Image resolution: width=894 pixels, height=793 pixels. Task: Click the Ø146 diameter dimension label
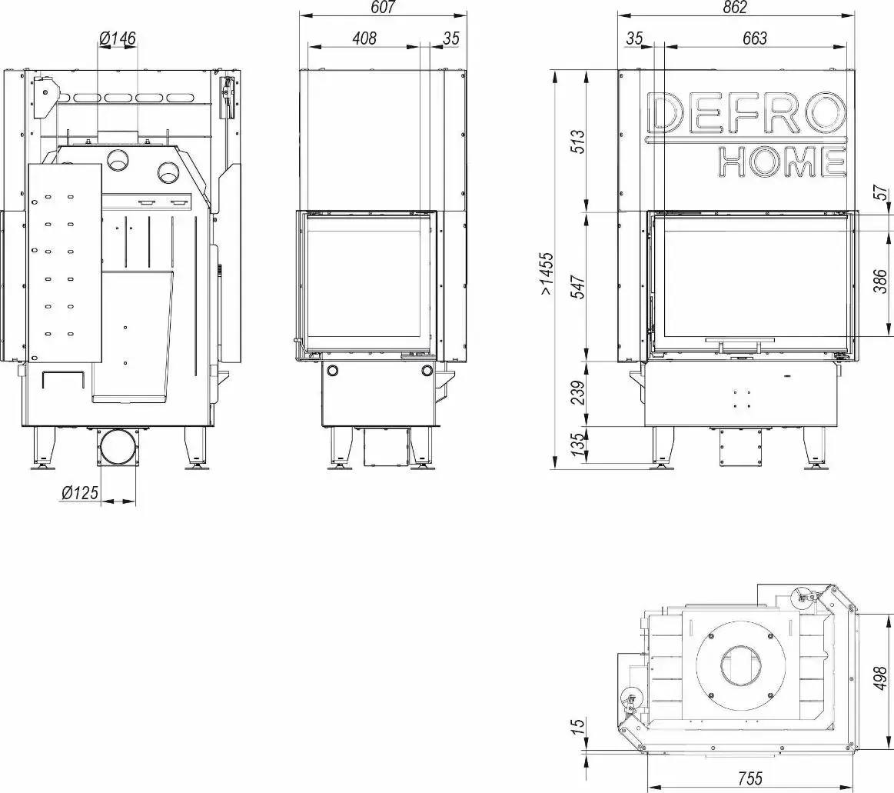click(x=118, y=38)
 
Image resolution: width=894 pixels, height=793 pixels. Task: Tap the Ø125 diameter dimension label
click(x=80, y=491)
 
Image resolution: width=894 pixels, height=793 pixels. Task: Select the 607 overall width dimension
click(x=383, y=8)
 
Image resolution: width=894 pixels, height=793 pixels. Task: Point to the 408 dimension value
click(x=364, y=38)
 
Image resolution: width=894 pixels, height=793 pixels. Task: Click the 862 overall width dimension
click(x=735, y=8)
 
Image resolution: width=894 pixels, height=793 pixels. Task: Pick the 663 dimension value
click(x=755, y=38)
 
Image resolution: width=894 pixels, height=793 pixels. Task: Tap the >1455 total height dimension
click(x=547, y=273)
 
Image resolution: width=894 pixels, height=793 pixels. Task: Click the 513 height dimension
click(x=577, y=142)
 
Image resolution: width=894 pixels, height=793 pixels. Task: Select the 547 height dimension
click(x=577, y=287)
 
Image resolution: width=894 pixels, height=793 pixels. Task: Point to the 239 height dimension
click(x=577, y=393)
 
